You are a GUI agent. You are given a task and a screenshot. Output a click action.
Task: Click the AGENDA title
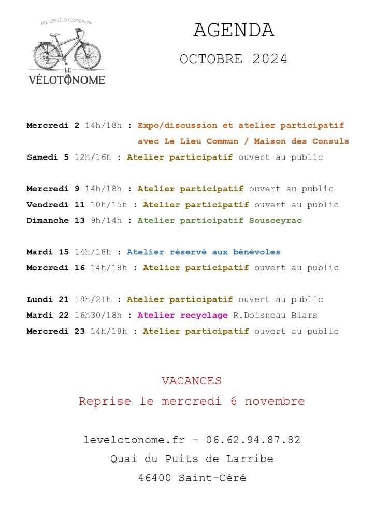pyautogui.click(x=234, y=31)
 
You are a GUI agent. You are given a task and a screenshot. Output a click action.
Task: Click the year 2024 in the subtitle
pyautogui.click(x=270, y=59)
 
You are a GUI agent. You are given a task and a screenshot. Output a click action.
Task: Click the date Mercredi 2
pyautogui.click(x=53, y=125)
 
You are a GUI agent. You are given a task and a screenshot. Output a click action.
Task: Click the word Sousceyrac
pyautogui.click(x=275, y=220)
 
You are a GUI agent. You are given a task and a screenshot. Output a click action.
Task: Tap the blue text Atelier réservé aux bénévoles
pyautogui.click(x=204, y=252)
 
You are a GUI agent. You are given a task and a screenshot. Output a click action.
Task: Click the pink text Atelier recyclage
pyautogui.click(x=182, y=315)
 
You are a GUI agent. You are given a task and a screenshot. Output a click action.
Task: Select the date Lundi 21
pyautogui.click(x=48, y=299)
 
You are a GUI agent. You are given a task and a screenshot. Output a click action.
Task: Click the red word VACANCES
pyautogui.click(x=192, y=381)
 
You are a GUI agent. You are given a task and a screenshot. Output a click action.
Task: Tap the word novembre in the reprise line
pyautogui.click(x=275, y=401)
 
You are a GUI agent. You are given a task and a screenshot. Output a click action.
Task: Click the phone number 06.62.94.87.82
pyautogui.click(x=253, y=440)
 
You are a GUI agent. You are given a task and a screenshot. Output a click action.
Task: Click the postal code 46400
pyautogui.click(x=155, y=478)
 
